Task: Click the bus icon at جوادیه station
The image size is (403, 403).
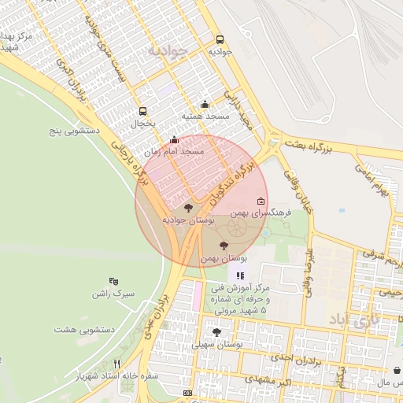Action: [x=219, y=39]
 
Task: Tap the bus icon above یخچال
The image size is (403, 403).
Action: [x=142, y=112]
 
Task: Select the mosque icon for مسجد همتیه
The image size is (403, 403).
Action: [x=205, y=104]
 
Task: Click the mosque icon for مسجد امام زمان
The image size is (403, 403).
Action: [x=174, y=139]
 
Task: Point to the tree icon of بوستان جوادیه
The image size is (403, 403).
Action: [x=188, y=208]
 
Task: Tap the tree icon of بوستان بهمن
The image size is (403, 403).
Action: [x=224, y=246]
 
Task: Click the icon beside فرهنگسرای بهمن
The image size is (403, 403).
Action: [x=261, y=201]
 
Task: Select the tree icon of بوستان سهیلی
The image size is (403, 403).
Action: [x=216, y=332]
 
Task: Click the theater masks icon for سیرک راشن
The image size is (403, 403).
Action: [x=114, y=281]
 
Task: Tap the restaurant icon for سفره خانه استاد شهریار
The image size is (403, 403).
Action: [x=117, y=364]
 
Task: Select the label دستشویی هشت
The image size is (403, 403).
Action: [x=84, y=329]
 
